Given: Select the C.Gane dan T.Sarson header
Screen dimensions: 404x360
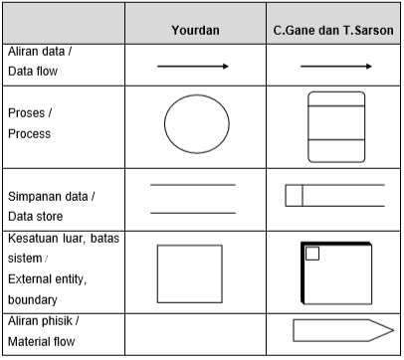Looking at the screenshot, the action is pos(335,30).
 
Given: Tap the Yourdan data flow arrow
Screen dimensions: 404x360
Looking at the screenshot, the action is pos(192,67).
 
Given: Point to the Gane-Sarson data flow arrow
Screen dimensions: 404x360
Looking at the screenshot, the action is pos(335,67).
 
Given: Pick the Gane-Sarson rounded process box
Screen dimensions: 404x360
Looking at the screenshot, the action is pos(336,127).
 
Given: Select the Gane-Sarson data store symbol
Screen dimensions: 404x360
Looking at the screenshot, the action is pos(335,195).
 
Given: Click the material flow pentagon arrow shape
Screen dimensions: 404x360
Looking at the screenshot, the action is pos(336,332).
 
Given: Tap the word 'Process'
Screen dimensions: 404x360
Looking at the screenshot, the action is pos(29,133).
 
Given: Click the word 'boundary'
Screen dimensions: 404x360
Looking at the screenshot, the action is pos(33,298).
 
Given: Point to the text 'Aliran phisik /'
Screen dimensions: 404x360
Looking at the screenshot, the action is pos(42,321).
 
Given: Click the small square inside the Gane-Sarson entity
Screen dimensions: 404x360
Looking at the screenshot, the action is pos(311,254).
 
